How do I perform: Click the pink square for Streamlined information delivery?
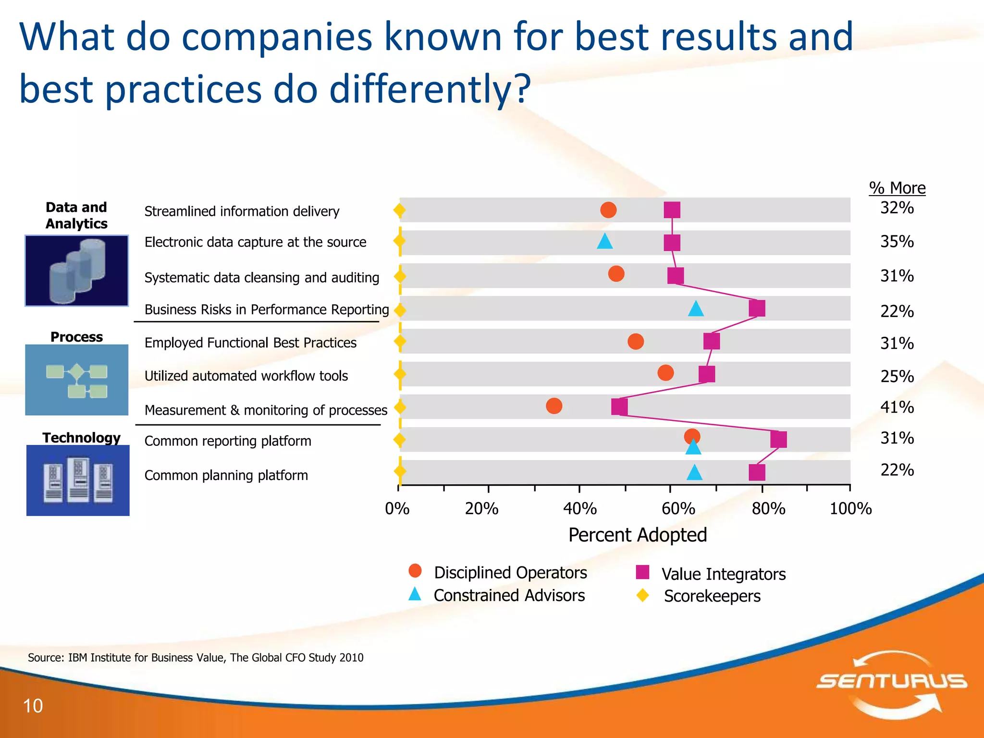pos(672,210)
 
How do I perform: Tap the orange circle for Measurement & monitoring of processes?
pos(554,406)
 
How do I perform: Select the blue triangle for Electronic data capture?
pos(604,241)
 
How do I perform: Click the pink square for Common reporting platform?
pos(778,439)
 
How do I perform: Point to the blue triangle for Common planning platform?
pos(694,473)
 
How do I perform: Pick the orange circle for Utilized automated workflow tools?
pos(665,372)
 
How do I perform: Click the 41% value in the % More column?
pos(897,407)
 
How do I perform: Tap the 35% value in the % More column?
pos(897,242)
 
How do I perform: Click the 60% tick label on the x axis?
pos(678,509)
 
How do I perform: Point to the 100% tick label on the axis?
pos(850,509)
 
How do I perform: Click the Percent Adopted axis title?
pos(637,535)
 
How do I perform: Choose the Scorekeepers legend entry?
pos(712,596)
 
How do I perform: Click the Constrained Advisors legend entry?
pos(509,596)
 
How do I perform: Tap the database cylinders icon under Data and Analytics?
pos(77,271)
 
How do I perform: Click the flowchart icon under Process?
pos(77,380)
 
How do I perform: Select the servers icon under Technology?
pos(78,480)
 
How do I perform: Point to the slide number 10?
pos(33,706)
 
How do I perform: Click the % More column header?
pos(897,188)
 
